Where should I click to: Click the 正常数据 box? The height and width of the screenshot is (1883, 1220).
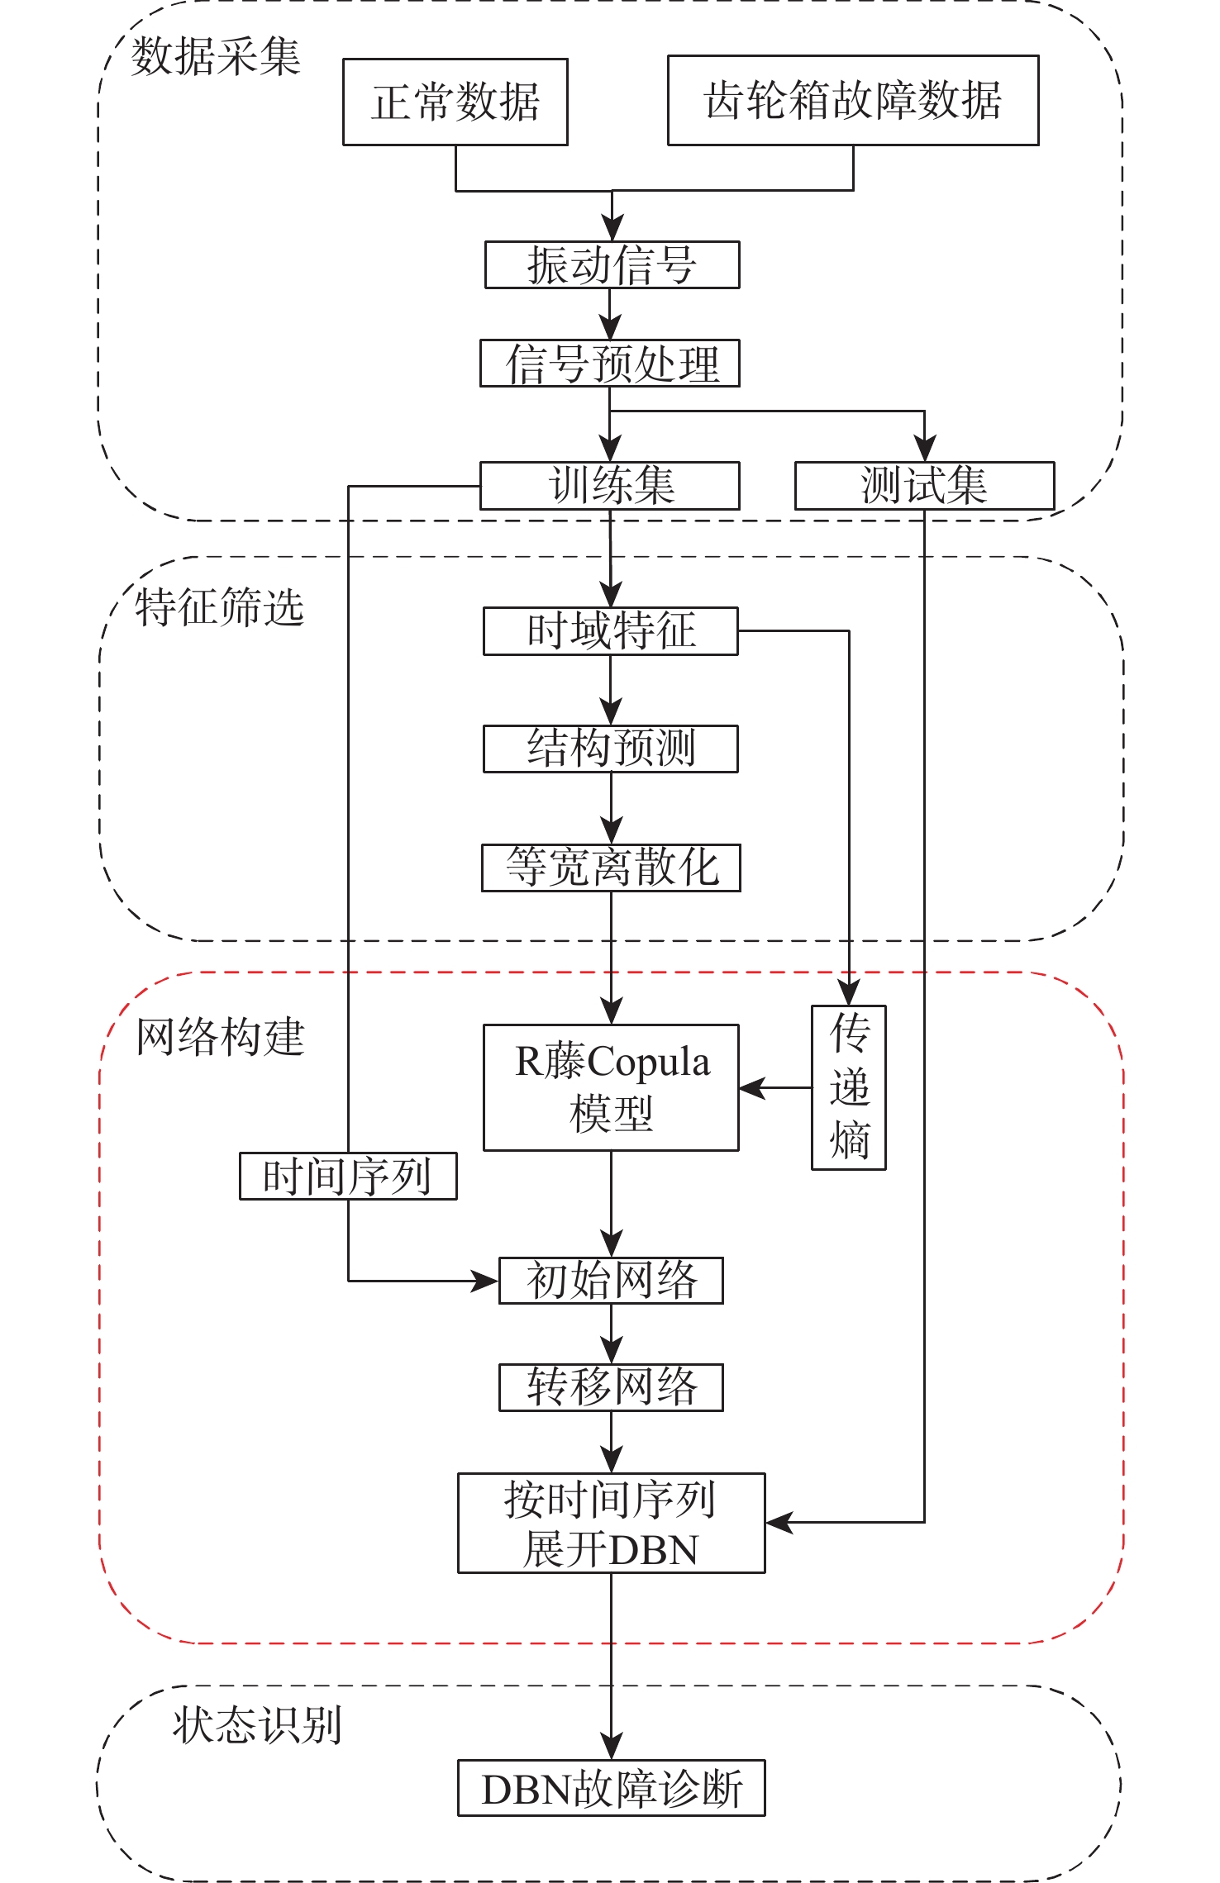(x=455, y=102)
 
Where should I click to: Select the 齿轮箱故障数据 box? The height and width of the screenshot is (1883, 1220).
(x=853, y=101)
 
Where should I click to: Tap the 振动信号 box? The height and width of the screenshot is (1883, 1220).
(x=612, y=265)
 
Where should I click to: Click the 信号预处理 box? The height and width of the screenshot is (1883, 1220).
(x=610, y=364)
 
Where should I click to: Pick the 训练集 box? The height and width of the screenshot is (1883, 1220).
(x=610, y=486)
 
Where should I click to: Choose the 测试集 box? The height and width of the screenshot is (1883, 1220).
(x=924, y=486)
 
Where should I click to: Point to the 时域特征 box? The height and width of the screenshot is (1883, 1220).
(x=611, y=631)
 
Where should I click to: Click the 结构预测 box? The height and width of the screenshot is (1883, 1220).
(x=611, y=749)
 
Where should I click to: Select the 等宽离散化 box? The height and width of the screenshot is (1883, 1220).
(x=611, y=868)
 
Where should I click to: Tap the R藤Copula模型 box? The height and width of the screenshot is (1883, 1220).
(x=611, y=1087)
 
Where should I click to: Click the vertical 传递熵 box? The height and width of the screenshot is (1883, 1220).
(x=849, y=1087)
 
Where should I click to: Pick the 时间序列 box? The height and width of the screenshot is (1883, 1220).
(x=348, y=1176)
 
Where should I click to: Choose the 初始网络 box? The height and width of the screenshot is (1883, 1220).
(x=611, y=1281)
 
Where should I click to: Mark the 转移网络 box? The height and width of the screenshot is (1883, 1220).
(x=611, y=1387)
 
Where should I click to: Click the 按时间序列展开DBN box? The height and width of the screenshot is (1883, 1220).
(x=611, y=1523)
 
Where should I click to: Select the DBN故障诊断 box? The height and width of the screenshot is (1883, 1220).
(x=611, y=1788)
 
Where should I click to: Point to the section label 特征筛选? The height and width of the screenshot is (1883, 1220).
(x=220, y=608)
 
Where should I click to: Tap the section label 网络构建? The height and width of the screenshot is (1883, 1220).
(x=220, y=1038)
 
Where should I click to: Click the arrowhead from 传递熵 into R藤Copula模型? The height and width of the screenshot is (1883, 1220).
(x=751, y=1088)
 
